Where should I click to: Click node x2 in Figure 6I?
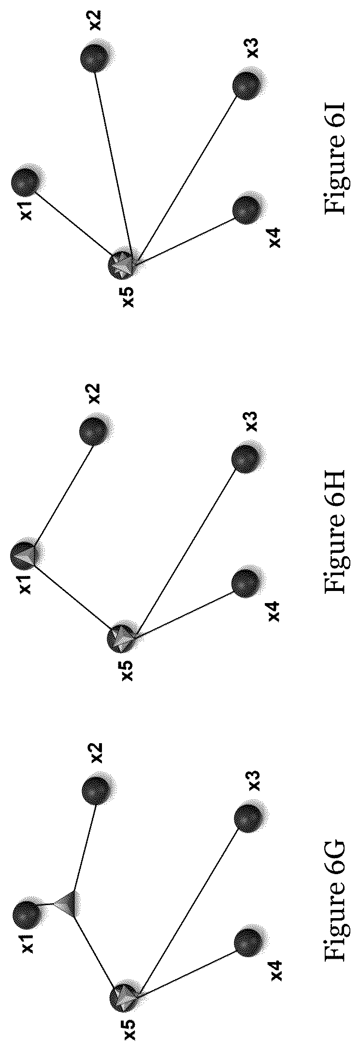96,57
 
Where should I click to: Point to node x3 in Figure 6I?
248,85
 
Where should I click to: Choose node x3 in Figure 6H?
248,457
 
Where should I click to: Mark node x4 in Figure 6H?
248,583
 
